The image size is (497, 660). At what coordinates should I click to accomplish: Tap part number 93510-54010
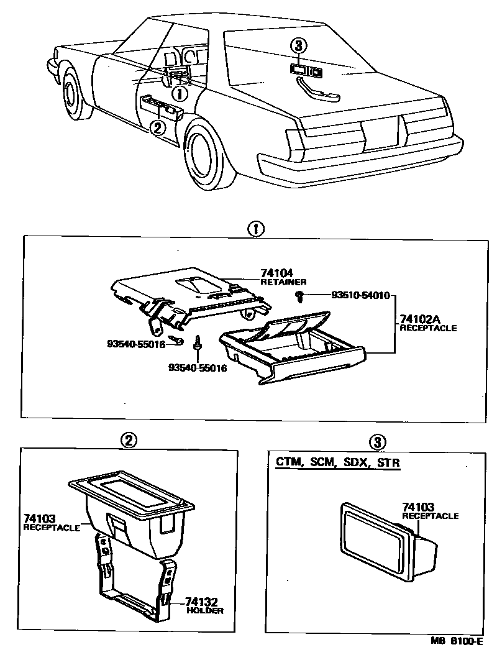click(351, 296)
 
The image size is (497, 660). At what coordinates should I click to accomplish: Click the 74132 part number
click(200, 602)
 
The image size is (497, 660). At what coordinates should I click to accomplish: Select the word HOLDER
click(204, 611)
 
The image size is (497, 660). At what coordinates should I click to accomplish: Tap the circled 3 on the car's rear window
click(299, 45)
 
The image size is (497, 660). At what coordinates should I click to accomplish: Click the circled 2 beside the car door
click(157, 127)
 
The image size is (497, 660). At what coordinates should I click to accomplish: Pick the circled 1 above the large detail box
click(255, 229)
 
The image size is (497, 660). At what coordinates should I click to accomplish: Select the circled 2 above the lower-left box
click(128, 441)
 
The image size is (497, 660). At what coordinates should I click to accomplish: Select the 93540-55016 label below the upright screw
click(198, 368)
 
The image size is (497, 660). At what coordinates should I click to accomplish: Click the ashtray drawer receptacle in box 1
click(292, 351)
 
